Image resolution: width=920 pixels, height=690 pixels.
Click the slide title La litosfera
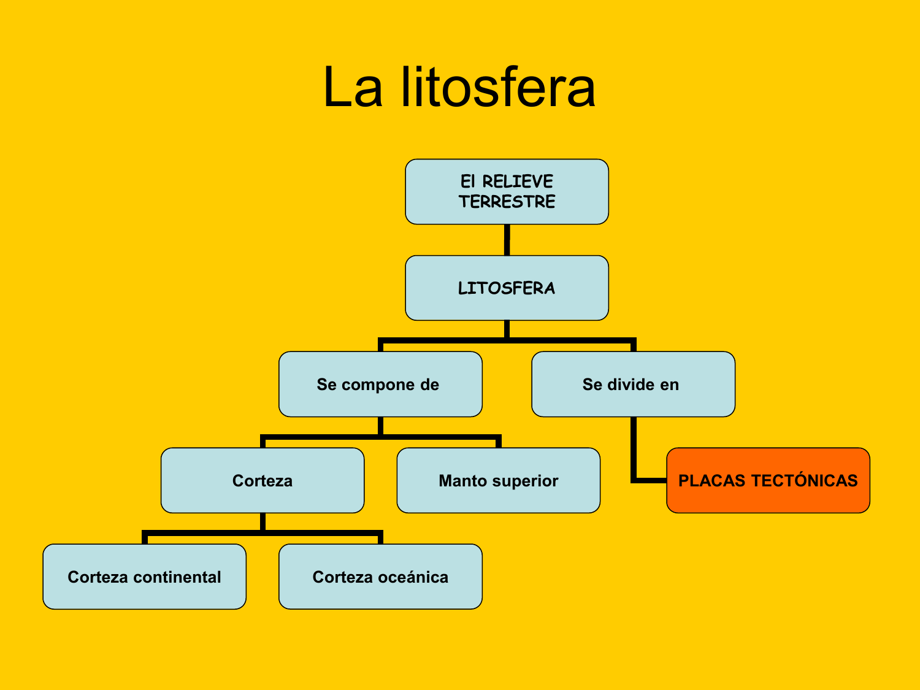pos(459,88)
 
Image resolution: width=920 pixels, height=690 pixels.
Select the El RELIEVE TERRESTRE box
pos(507,191)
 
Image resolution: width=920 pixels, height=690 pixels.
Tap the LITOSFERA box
pos(507,288)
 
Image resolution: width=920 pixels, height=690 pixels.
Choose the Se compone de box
pos(380,385)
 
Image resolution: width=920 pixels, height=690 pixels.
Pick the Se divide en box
pos(633,385)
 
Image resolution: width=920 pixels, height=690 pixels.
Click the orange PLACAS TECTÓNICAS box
pos(768,480)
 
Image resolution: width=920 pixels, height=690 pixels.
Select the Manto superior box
pos(498,480)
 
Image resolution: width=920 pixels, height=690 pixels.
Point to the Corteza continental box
pos(144,577)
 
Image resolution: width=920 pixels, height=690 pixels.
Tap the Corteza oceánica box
pos(380,577)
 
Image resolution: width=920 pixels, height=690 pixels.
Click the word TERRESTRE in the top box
pos(507,202)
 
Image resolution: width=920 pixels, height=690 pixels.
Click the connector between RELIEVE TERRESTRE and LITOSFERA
pos(507,240)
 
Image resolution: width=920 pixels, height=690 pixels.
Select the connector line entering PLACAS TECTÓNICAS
pos(649,480)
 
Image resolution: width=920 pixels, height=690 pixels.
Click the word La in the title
pos(352,88)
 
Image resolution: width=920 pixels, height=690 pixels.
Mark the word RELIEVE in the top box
pos(518,182)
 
